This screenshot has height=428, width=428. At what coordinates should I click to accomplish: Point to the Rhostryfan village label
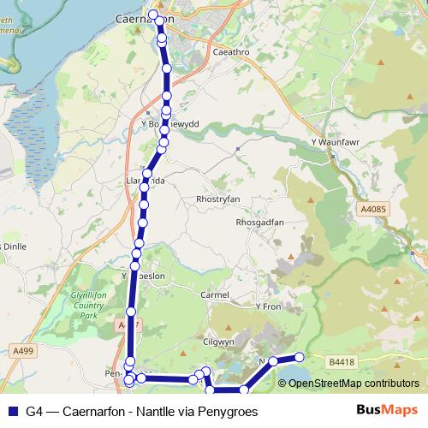[x=222, y=199]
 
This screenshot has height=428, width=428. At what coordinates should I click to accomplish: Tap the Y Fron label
[x=268, y=306]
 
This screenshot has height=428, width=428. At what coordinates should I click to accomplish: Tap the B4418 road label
[x=341, y=362]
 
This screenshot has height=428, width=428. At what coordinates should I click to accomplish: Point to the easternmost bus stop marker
[x=300, y=357]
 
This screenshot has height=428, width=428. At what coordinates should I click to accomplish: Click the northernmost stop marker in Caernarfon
[x=154, y=15]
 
